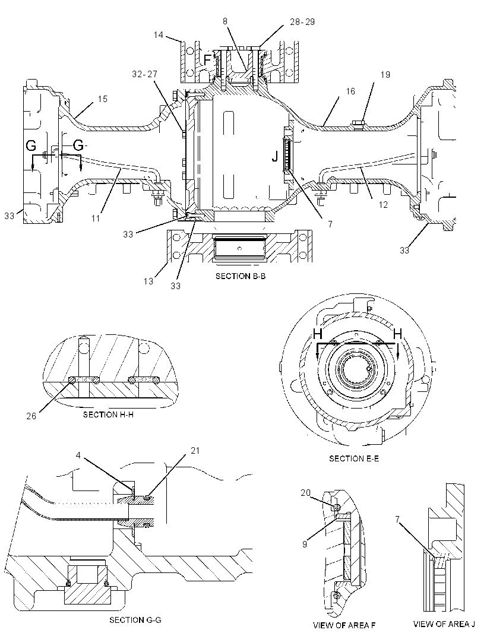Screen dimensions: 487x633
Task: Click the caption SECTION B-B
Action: (x=241, y=276)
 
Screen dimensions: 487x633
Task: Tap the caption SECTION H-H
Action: (x=108, y=414)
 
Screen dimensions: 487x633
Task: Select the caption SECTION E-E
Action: (x=354, y=458)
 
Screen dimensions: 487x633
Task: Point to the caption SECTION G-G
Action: (x=135, y=620)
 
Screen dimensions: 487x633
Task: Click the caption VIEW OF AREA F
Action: (x=344, y=625)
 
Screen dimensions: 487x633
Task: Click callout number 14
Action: (x=159, y=35)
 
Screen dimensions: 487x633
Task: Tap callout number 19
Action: (x=385, y=75)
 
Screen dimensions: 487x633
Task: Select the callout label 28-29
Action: (x=302, y=22)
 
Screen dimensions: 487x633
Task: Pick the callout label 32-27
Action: (x=144, y=74)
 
